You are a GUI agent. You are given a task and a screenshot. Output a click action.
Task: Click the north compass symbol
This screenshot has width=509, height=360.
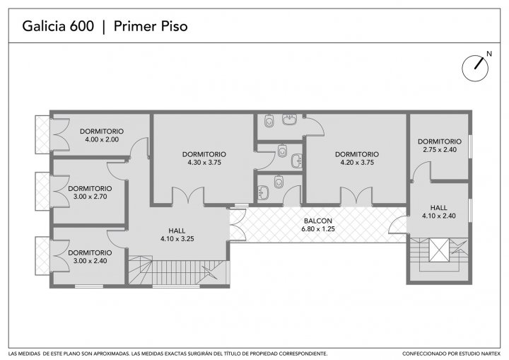[475, 68]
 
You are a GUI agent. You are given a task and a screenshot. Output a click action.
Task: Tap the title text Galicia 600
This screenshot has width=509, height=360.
[58, 26]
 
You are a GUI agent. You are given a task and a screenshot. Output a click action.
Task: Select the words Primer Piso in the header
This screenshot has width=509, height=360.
[151, 26]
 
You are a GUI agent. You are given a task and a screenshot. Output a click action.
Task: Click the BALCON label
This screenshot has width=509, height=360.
[318, 221]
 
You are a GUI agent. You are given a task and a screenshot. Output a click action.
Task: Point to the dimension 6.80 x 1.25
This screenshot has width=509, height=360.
[318, 229]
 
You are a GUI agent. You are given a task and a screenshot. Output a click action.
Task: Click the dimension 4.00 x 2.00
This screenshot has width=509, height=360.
[102, 139]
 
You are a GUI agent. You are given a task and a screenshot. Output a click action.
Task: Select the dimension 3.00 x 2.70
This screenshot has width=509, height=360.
[90, 196]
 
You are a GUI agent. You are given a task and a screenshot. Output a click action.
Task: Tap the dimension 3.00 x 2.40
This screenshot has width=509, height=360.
[90, 260]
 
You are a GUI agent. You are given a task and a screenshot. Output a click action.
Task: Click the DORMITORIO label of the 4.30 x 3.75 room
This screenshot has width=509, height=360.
[204, 154]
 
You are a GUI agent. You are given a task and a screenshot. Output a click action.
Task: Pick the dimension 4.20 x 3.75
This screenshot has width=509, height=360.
[357, 163]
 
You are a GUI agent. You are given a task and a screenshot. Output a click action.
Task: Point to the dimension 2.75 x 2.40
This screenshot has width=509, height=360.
[440, 149]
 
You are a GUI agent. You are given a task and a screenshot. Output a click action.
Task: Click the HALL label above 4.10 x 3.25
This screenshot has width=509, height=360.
[177, 231]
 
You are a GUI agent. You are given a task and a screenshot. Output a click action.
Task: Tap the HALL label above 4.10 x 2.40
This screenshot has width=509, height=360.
[439, 208]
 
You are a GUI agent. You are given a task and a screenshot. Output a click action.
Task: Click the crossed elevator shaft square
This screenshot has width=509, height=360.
[439, 250]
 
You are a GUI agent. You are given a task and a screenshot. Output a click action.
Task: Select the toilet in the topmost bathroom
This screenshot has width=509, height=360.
[269, 121]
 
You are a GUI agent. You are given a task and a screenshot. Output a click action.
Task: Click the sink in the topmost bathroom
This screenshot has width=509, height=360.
[289, 120]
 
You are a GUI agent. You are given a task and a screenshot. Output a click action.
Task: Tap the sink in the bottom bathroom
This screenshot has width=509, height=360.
[263, 192]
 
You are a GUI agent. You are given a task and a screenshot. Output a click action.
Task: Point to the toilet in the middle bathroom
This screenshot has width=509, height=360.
[283, 151]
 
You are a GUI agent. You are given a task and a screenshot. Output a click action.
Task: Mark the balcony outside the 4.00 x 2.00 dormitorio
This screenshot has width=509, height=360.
[42, 134]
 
